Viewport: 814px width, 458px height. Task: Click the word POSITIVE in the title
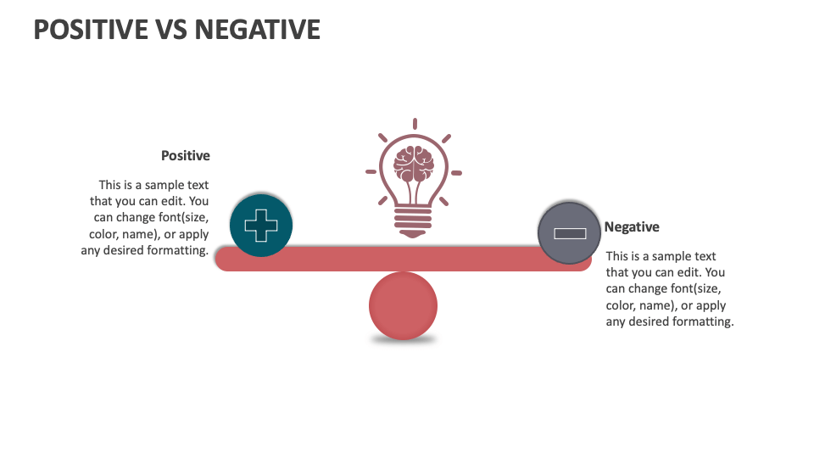click(x=91, y=30)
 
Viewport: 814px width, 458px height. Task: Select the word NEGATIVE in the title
click(x=258, y=30)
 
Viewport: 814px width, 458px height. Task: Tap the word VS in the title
click(x=171, y=30)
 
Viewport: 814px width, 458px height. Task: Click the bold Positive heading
click(x=186, y=156)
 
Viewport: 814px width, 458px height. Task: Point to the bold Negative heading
click(x=632, y=227)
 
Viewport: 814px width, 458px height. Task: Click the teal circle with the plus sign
click(x=261, y=226)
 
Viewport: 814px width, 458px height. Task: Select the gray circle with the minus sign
click(x=570, y=233)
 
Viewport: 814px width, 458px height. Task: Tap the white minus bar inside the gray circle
click(x=570, y=234)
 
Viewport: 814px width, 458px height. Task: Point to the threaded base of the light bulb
click(x=413, y=221)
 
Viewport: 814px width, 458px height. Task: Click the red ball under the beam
click(x=403, y=306)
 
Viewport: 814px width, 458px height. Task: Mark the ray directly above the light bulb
click(x=415, y=124)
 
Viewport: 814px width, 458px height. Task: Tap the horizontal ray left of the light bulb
click(x=371, y=172)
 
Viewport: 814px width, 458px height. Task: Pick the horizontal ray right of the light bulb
click(x=456, y=173)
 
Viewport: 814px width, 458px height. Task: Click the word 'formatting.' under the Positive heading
click(x=177, y=250)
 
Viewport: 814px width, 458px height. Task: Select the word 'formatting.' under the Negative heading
click(x=703, y=322)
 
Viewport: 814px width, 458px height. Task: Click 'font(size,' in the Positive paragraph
click(x=183, y=218)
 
